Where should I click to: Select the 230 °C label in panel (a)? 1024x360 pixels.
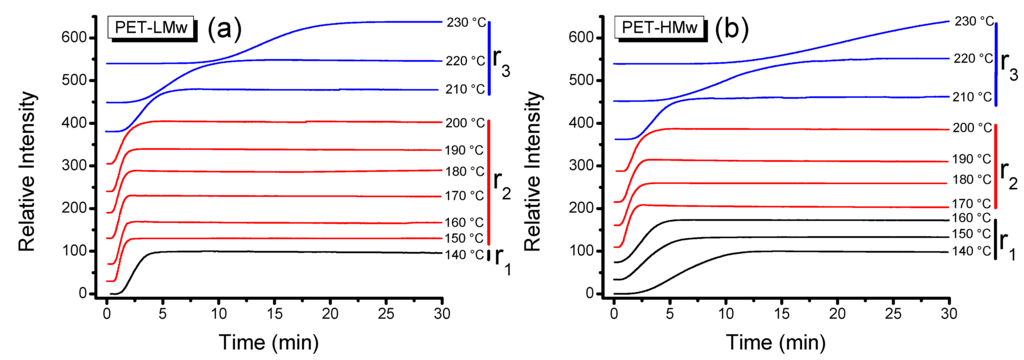click(464, 21)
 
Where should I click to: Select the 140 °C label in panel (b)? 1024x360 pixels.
click(970, 251)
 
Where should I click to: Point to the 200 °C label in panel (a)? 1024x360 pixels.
click(464, 122)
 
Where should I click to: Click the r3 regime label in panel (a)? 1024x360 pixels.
click(505, 67)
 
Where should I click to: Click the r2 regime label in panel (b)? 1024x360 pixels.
click(1010, 183)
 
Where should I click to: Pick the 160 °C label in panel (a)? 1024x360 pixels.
click(464, 222)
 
